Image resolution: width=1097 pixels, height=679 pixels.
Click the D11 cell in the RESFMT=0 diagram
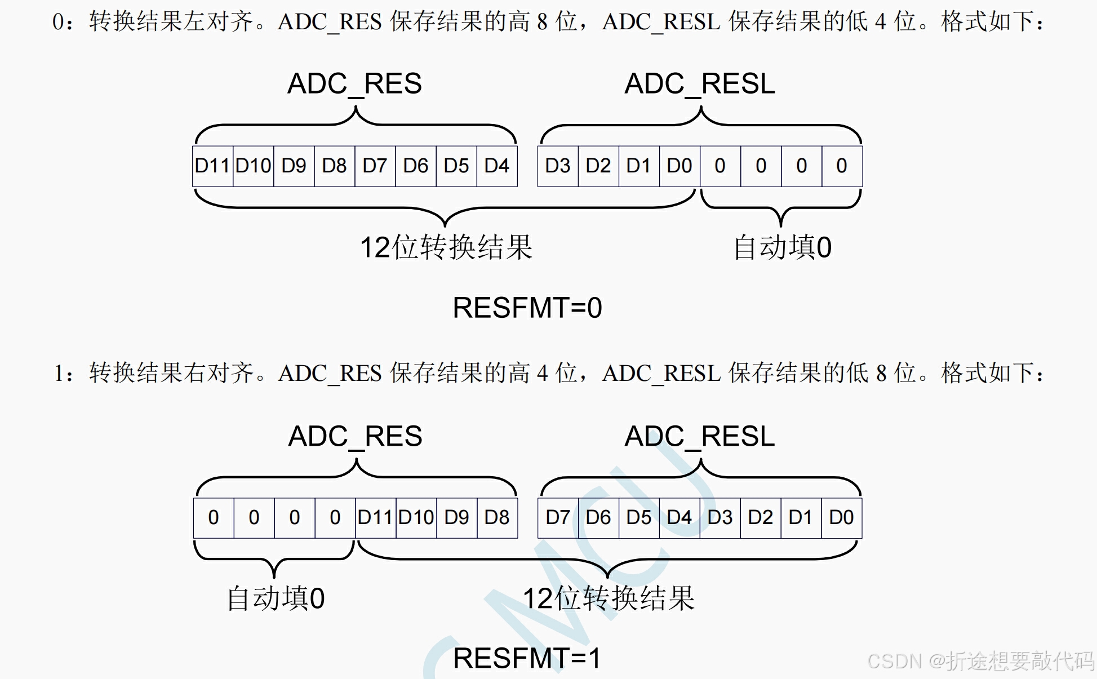(212, 166)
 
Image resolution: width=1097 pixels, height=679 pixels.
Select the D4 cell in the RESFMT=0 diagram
(497, 166)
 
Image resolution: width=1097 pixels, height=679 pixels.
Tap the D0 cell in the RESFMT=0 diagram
(679, 166)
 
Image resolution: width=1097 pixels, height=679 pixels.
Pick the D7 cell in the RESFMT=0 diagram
(375, 166)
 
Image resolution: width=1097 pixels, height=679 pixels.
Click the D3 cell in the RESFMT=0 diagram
(558, 166)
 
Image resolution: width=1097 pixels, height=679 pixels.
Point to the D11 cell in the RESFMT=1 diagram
(375, 517)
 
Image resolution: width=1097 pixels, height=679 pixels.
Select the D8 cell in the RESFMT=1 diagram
(497, 517)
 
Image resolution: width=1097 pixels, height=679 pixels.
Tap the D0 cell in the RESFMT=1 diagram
(842, 517)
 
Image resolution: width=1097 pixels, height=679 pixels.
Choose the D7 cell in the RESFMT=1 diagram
(558, 517)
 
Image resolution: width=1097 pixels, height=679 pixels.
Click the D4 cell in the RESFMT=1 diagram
(679, 517)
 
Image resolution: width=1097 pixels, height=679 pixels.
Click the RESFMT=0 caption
(527, 308)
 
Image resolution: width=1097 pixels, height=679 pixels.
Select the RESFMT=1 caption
(527, 658)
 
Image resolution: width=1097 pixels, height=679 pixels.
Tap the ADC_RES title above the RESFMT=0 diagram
(354, 85)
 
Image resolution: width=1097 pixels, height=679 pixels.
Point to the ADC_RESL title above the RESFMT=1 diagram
(700, 437)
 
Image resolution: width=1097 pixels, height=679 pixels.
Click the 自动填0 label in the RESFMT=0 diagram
(782, 248)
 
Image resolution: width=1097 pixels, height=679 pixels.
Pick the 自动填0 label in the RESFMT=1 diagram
(276, 598)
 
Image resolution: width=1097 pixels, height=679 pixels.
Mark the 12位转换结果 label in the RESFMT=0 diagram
(446, 248)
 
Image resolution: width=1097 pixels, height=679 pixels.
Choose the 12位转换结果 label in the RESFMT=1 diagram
(609, 598)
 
